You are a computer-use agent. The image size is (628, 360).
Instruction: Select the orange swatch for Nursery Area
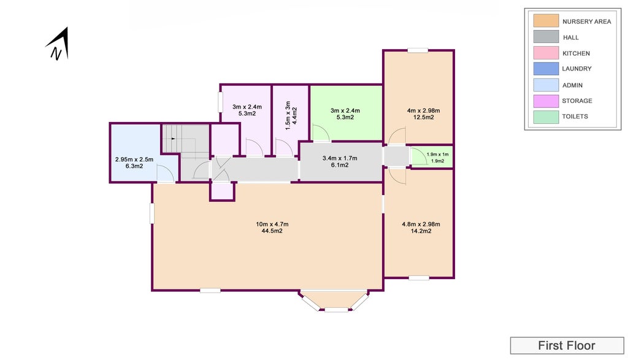[545, 21]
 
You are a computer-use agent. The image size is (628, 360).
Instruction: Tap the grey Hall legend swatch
[545, 37]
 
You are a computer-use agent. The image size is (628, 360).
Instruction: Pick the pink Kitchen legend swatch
[545, 53]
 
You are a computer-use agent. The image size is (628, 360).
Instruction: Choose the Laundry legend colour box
[545, 69]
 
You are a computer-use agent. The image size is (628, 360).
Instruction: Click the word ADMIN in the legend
[572, 85]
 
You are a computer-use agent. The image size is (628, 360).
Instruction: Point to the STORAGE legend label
[577, 101]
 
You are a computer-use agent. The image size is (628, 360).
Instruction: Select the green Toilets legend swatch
[545, 116]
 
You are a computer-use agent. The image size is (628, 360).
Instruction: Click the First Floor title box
[566, 346]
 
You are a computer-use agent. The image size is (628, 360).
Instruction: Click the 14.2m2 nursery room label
[421, 231]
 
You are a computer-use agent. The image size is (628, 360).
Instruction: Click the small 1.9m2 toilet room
[437, 158]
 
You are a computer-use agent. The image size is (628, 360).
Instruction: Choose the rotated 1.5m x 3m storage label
[290, 113]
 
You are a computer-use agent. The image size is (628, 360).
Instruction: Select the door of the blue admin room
[164, 176]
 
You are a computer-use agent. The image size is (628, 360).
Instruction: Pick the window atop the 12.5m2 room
[417, 50]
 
